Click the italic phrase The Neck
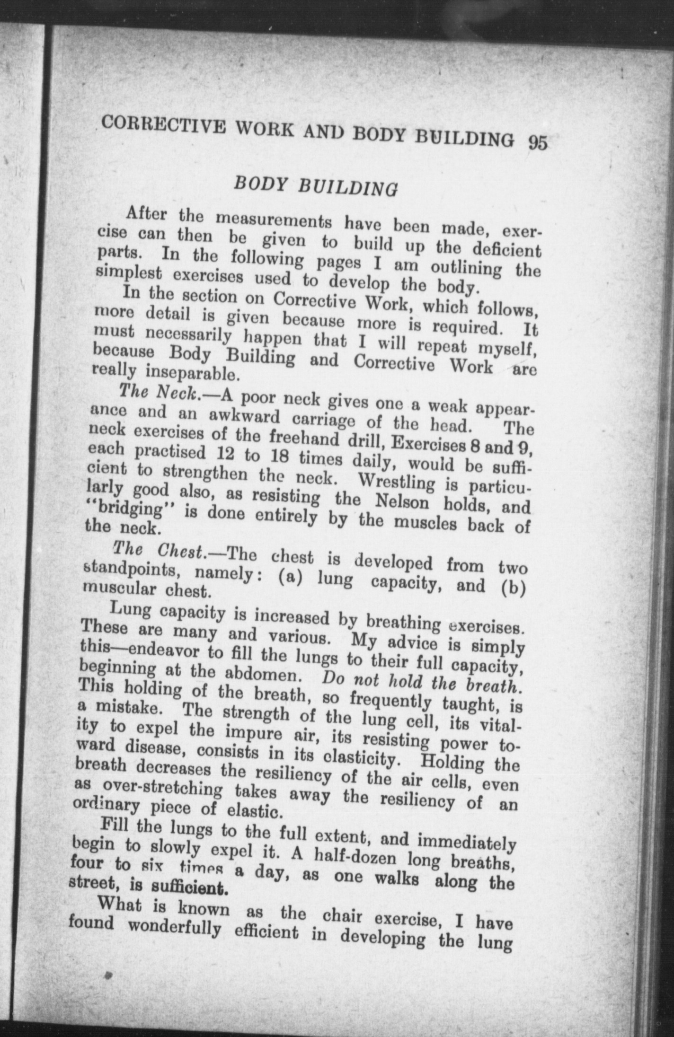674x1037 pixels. tap(161, 392)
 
